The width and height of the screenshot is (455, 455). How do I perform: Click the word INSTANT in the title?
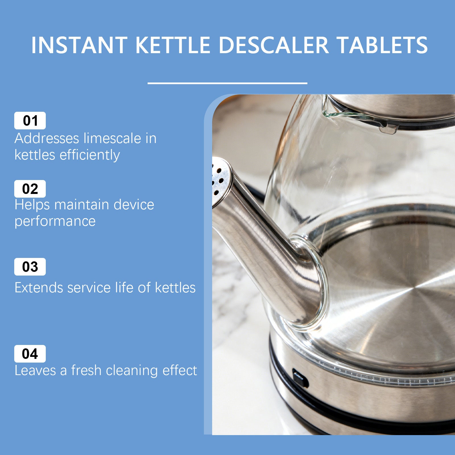point(79,45)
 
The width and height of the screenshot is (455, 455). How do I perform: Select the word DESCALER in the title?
point(274,45)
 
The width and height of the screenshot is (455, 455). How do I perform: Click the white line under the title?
point(227,83)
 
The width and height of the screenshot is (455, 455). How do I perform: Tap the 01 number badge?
point(30,121)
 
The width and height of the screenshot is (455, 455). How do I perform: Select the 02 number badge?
point(30,189)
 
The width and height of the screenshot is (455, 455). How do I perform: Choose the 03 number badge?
point(30,267)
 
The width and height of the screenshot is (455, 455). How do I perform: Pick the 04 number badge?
point(30,354)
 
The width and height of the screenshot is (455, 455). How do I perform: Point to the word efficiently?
point(90,155)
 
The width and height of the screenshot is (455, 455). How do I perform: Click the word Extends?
point(39,288)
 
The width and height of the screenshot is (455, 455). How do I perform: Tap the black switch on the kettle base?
point(300,379)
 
